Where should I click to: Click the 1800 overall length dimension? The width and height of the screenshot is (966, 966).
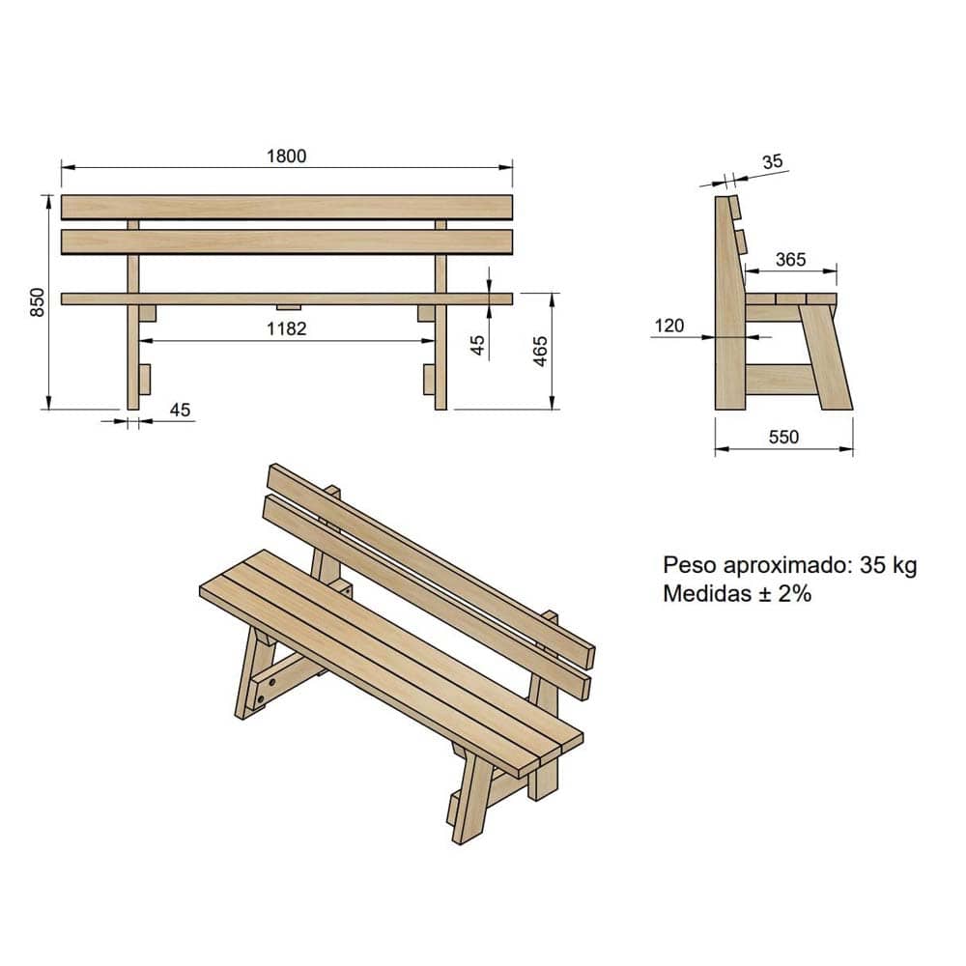[x=287, y=156]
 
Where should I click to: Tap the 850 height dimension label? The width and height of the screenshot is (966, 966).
[x=38, y=301]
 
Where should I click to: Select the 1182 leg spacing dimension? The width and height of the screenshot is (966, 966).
[x=287, y=328]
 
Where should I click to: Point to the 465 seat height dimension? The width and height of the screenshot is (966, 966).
[x=540, y=352]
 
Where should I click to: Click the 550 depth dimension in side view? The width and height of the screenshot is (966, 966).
[x=783, y=437]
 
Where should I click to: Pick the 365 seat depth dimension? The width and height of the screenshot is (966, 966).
[x=790, y=259]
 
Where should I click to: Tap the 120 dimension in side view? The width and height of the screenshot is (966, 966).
[x=669, y=326]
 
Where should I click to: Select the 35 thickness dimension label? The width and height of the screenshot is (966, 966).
[x=772, y=161]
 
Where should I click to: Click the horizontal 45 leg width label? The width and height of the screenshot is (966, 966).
[x=180, y=410]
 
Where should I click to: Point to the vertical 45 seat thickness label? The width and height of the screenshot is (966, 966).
[x=477, y=345]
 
